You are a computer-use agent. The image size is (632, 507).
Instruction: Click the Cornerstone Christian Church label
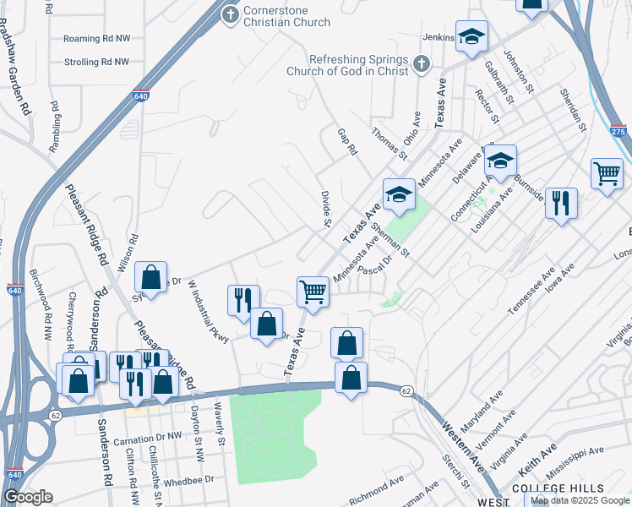(287, 16)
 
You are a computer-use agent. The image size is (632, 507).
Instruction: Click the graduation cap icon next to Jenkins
(471, 35)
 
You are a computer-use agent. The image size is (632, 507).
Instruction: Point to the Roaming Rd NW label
(96, 39)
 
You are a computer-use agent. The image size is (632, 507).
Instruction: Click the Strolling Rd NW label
(96, 63)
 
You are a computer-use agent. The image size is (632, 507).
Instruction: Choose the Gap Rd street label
(348, 140)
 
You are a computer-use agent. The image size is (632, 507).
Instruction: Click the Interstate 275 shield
(618, 132)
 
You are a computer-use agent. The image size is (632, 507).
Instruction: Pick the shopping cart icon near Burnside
(607, 174)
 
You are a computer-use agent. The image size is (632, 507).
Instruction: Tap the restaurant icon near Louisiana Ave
(561, 203)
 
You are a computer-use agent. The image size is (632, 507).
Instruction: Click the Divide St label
(325, 209)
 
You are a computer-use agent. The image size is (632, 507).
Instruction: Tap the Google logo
(28, 496)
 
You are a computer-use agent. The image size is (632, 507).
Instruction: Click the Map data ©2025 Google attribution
(580, 500)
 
